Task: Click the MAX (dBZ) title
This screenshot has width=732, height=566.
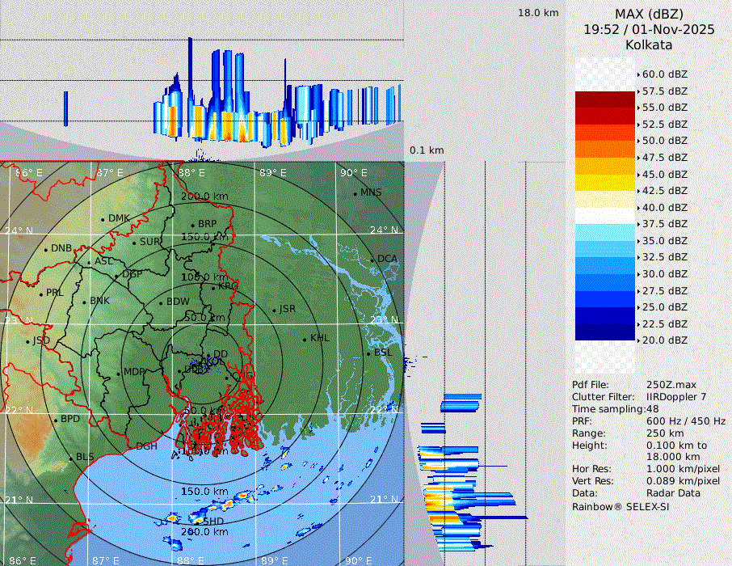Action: [x=649, y=14]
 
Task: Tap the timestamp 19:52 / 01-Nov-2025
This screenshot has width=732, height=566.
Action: [x=649, y=29]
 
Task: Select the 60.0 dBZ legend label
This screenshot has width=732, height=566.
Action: [x=664, y=74]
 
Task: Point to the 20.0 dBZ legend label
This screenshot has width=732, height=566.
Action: [x=664, y=340]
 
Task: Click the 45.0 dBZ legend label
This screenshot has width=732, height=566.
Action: [x=664, y=174]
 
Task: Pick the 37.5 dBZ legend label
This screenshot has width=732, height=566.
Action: [x=664, y=224]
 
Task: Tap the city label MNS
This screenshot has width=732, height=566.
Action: [x=371, y=192]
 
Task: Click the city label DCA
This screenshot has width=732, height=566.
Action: [x=388, y=259]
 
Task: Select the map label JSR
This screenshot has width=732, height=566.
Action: [x=287, y=309]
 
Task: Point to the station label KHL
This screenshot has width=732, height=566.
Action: [x=319, y=338]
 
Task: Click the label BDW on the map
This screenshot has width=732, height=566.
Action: [x=177, y=302]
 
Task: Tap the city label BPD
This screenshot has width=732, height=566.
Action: [x=70, y=420]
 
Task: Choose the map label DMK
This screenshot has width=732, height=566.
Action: [x=119, y=218]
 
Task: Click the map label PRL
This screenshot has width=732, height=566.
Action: [x=54, y=293]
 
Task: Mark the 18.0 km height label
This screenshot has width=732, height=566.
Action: [x=538, y=13]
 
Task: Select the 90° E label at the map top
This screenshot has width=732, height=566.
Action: [x=353, y=173]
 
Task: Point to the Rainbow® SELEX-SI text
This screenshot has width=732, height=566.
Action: [x=621, y=506]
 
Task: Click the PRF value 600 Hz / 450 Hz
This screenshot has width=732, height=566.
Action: [x=686, y=421]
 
